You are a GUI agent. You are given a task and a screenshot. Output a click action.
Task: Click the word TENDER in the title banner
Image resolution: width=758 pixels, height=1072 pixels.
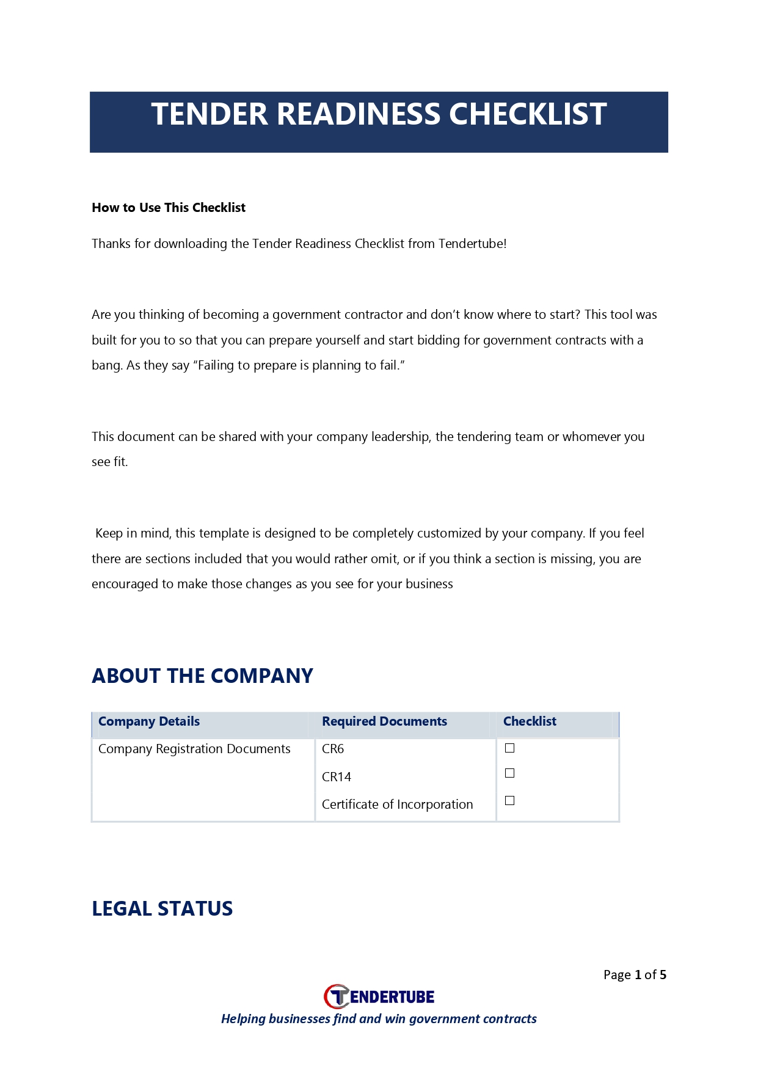(x=210, y=114)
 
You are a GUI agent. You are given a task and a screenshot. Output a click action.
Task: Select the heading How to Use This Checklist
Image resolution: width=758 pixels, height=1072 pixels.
(x=169, y=208)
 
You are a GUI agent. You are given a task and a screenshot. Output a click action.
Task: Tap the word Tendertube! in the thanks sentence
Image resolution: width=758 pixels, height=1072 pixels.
(x=472, y=244)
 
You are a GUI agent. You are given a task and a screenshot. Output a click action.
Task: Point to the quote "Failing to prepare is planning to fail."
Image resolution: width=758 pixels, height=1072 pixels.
(x=299, y=365)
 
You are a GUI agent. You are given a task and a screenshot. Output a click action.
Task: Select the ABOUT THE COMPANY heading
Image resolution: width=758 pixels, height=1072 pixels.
(x=202, y=676)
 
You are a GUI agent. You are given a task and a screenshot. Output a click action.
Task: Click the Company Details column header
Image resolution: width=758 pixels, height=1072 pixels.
(x=149, y=721)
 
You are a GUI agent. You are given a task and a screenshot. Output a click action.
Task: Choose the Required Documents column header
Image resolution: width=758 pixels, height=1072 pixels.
(x=384, y=721)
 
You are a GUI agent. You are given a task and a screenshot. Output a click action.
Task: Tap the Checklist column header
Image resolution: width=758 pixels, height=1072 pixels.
(x=530, y=721)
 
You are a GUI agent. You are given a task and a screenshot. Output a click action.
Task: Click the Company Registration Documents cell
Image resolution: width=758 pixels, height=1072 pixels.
(x=194, y=749)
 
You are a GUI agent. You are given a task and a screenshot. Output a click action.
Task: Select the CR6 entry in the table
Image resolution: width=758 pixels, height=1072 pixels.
(x=333, y=749)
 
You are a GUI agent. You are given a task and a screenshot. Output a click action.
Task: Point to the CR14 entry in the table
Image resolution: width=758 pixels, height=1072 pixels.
(x=337, y=777)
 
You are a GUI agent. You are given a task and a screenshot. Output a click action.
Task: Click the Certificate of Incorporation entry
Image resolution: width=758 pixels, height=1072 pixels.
(x=397, y=804)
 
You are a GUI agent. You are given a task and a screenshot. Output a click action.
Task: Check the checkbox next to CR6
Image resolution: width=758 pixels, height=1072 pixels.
(x=510, y=748)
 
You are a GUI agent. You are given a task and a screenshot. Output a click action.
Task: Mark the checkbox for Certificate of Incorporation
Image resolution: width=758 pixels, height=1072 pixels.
(x=510, y=801)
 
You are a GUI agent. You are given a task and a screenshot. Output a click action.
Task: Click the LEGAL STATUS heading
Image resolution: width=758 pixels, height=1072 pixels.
(x=162, y=908)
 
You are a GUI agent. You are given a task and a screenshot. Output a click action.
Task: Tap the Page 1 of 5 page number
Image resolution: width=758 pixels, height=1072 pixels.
(x=635, y=975)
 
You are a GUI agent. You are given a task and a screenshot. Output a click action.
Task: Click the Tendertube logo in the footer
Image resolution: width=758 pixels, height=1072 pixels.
(x=379, y=997)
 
